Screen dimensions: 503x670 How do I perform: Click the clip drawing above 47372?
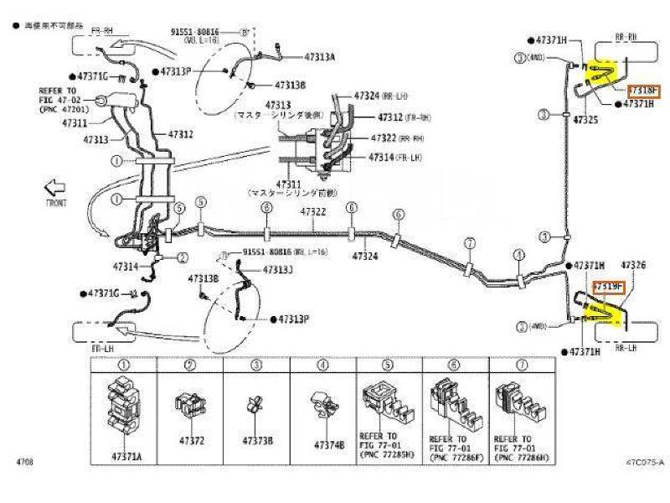(188, 406)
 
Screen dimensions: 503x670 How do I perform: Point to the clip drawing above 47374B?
(322, 406)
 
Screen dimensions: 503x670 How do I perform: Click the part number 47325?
(585, 121)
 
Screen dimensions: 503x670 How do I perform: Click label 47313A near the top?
(319, 56)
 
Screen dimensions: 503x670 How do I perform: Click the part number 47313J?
(278, 270)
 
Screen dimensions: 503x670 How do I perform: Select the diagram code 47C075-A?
(643, 461)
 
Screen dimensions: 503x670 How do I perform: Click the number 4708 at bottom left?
(24, 461)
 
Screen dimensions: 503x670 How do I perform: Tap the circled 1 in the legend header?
(122, 366)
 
